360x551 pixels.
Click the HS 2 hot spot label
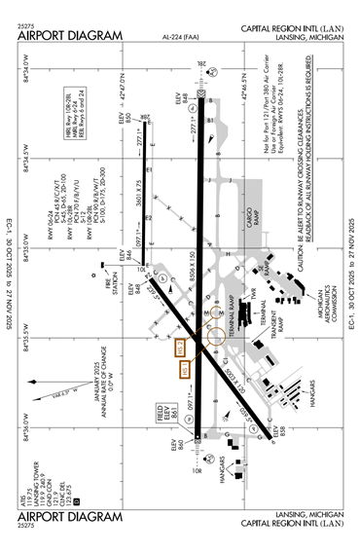tap(179, 348)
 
